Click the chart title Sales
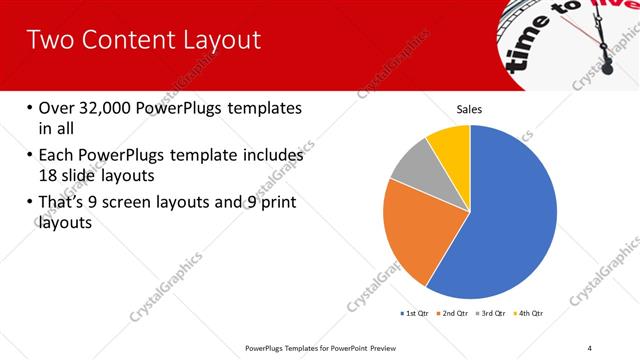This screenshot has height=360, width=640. pyautogui.click(x=470, y=109)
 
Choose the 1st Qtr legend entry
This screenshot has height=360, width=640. pyautogui.click(x=415, y=314)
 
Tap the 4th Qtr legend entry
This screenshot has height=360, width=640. pyautogui.click(x=527, y=314)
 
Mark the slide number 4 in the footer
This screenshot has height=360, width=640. pyautogui.click(x=590, y=347)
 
